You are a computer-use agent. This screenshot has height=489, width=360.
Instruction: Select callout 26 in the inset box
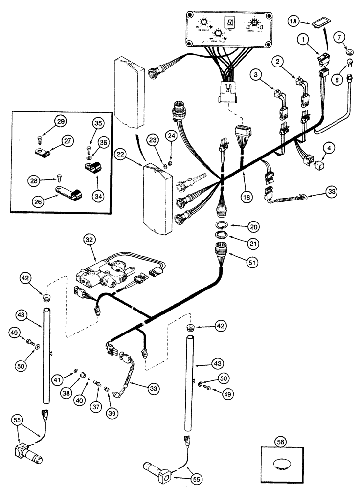tap(35, 200)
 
